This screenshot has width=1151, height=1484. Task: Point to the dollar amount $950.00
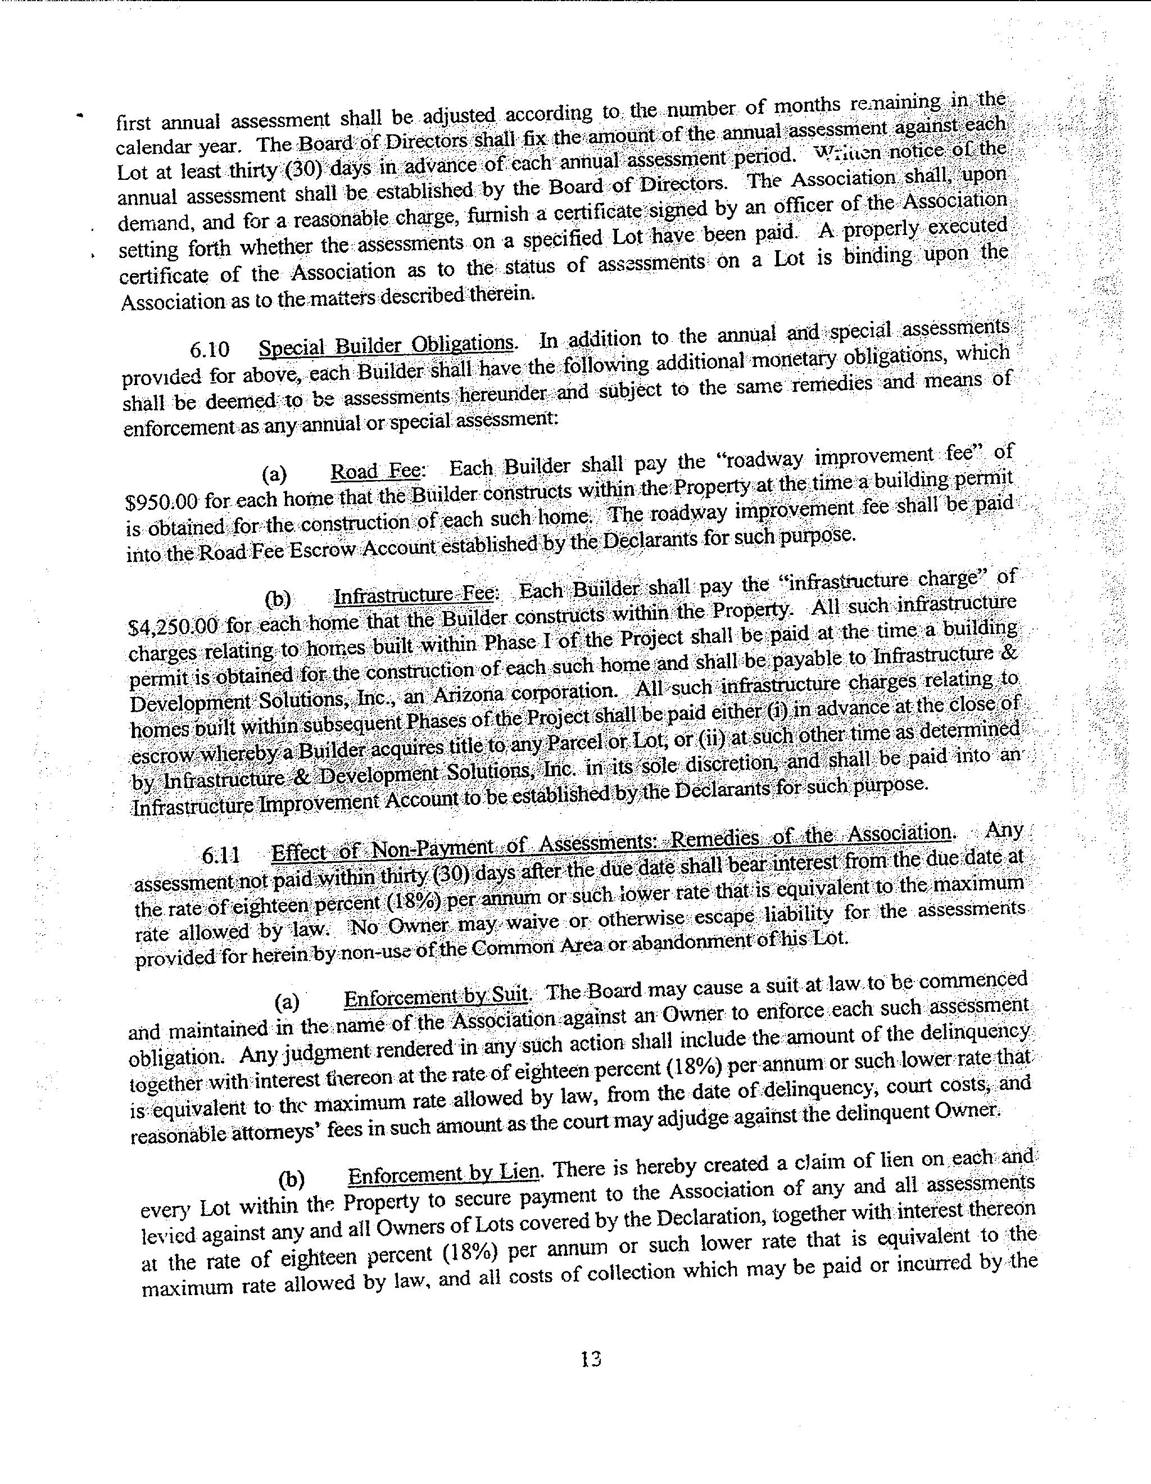[x=162, y=501]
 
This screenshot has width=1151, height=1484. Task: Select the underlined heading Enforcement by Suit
[x=436, y=997]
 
